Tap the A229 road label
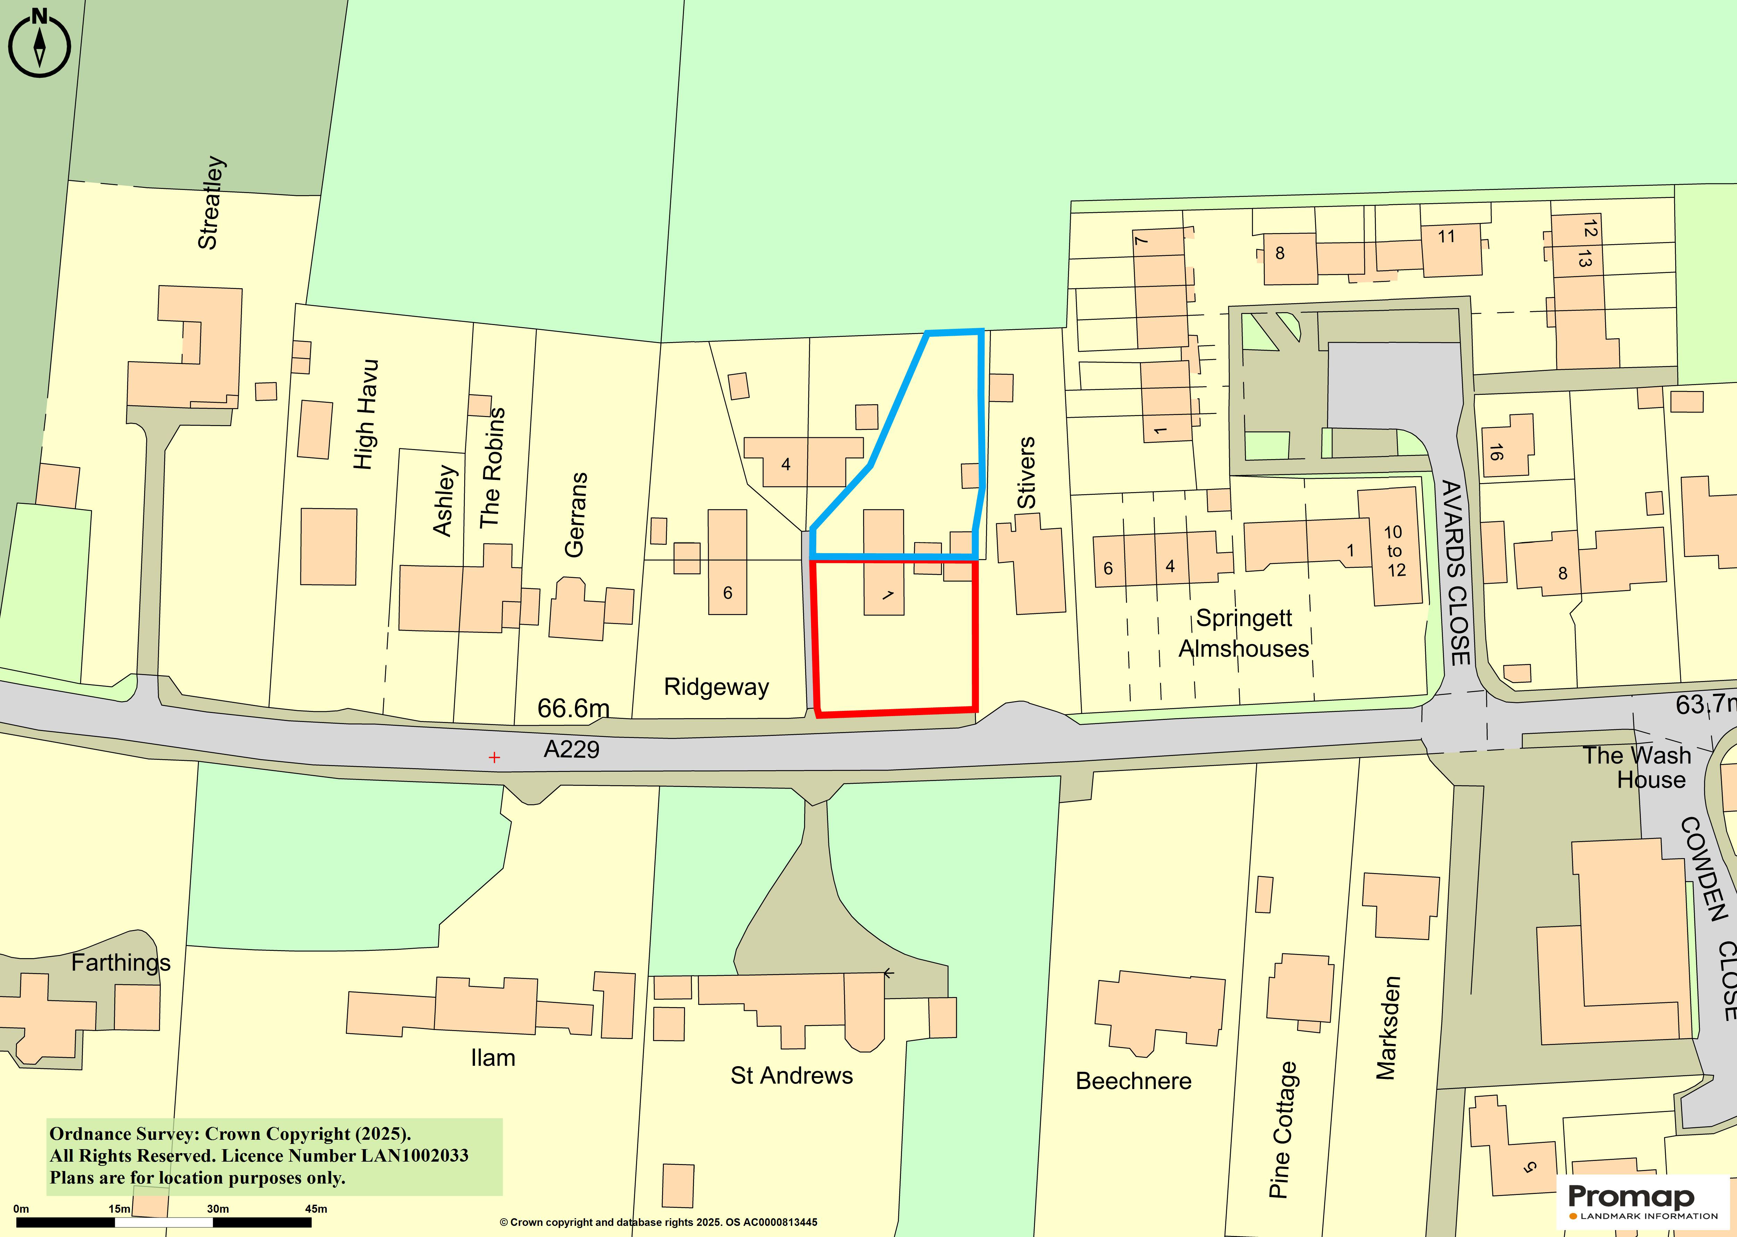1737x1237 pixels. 571,749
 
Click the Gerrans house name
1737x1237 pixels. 576,515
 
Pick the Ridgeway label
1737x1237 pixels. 716,687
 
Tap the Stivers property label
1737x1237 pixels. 1027,472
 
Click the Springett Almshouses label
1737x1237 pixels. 1244,633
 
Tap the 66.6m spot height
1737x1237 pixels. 573,708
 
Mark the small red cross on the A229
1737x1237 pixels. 494,757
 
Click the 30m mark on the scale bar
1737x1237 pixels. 218,1209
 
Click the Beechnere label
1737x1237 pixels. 1133,1081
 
